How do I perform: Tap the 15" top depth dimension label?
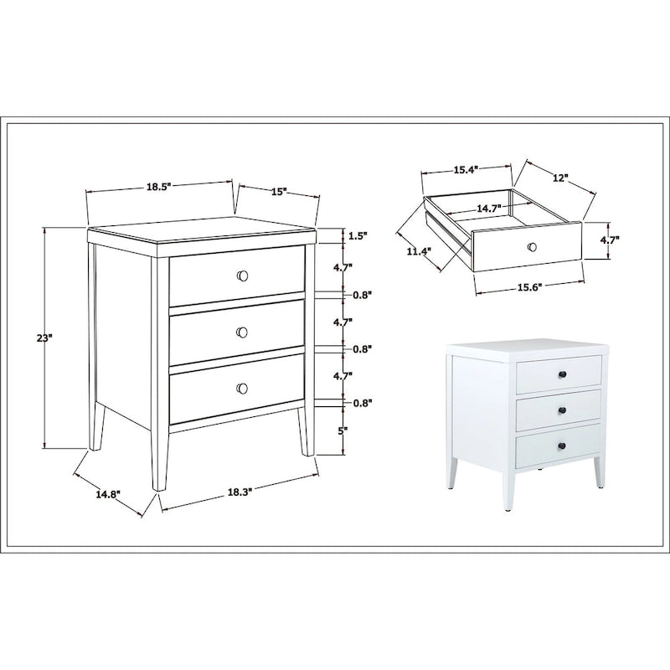coord(279,192)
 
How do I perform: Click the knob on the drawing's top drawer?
coord(243,276)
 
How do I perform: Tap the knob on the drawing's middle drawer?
coord(242,332)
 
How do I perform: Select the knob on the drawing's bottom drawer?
coord(243,387)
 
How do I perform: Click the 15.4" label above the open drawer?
coord(465,170)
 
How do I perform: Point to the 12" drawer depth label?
coord(560,178)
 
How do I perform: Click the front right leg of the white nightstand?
coord(598,472)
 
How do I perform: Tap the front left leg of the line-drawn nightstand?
coord(157,456)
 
